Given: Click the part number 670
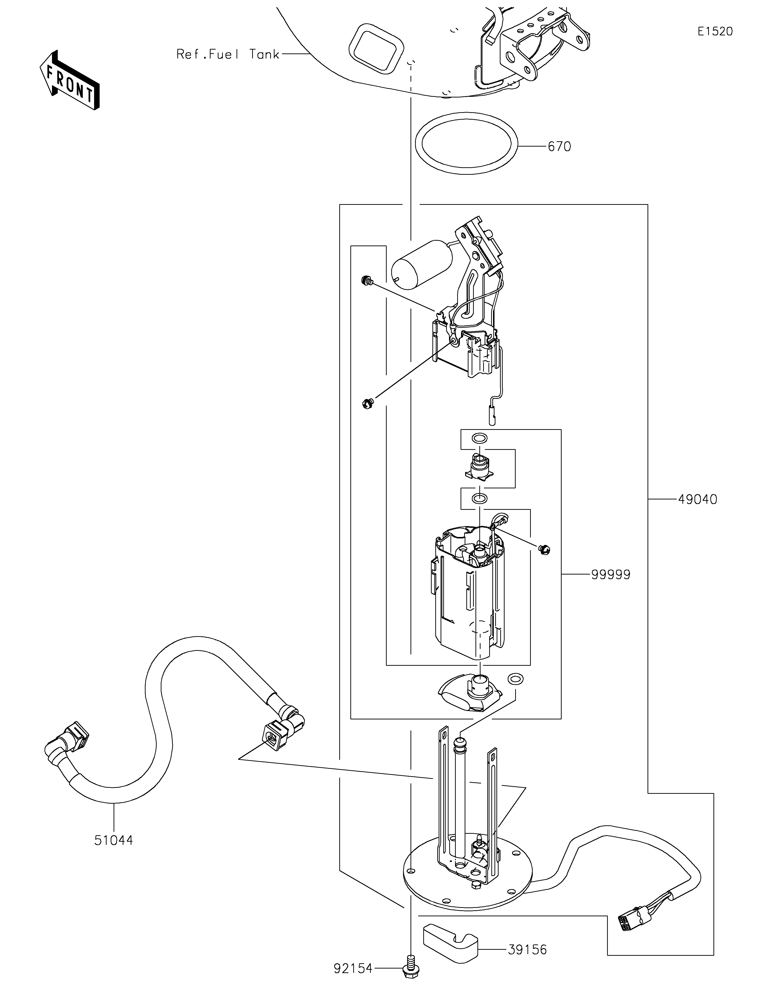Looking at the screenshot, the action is tap(559, 147).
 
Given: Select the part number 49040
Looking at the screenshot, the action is tap(698, 500).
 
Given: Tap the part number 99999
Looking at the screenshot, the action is tap(611, 575).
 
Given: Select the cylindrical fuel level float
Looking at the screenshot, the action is tap(422, 265).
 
